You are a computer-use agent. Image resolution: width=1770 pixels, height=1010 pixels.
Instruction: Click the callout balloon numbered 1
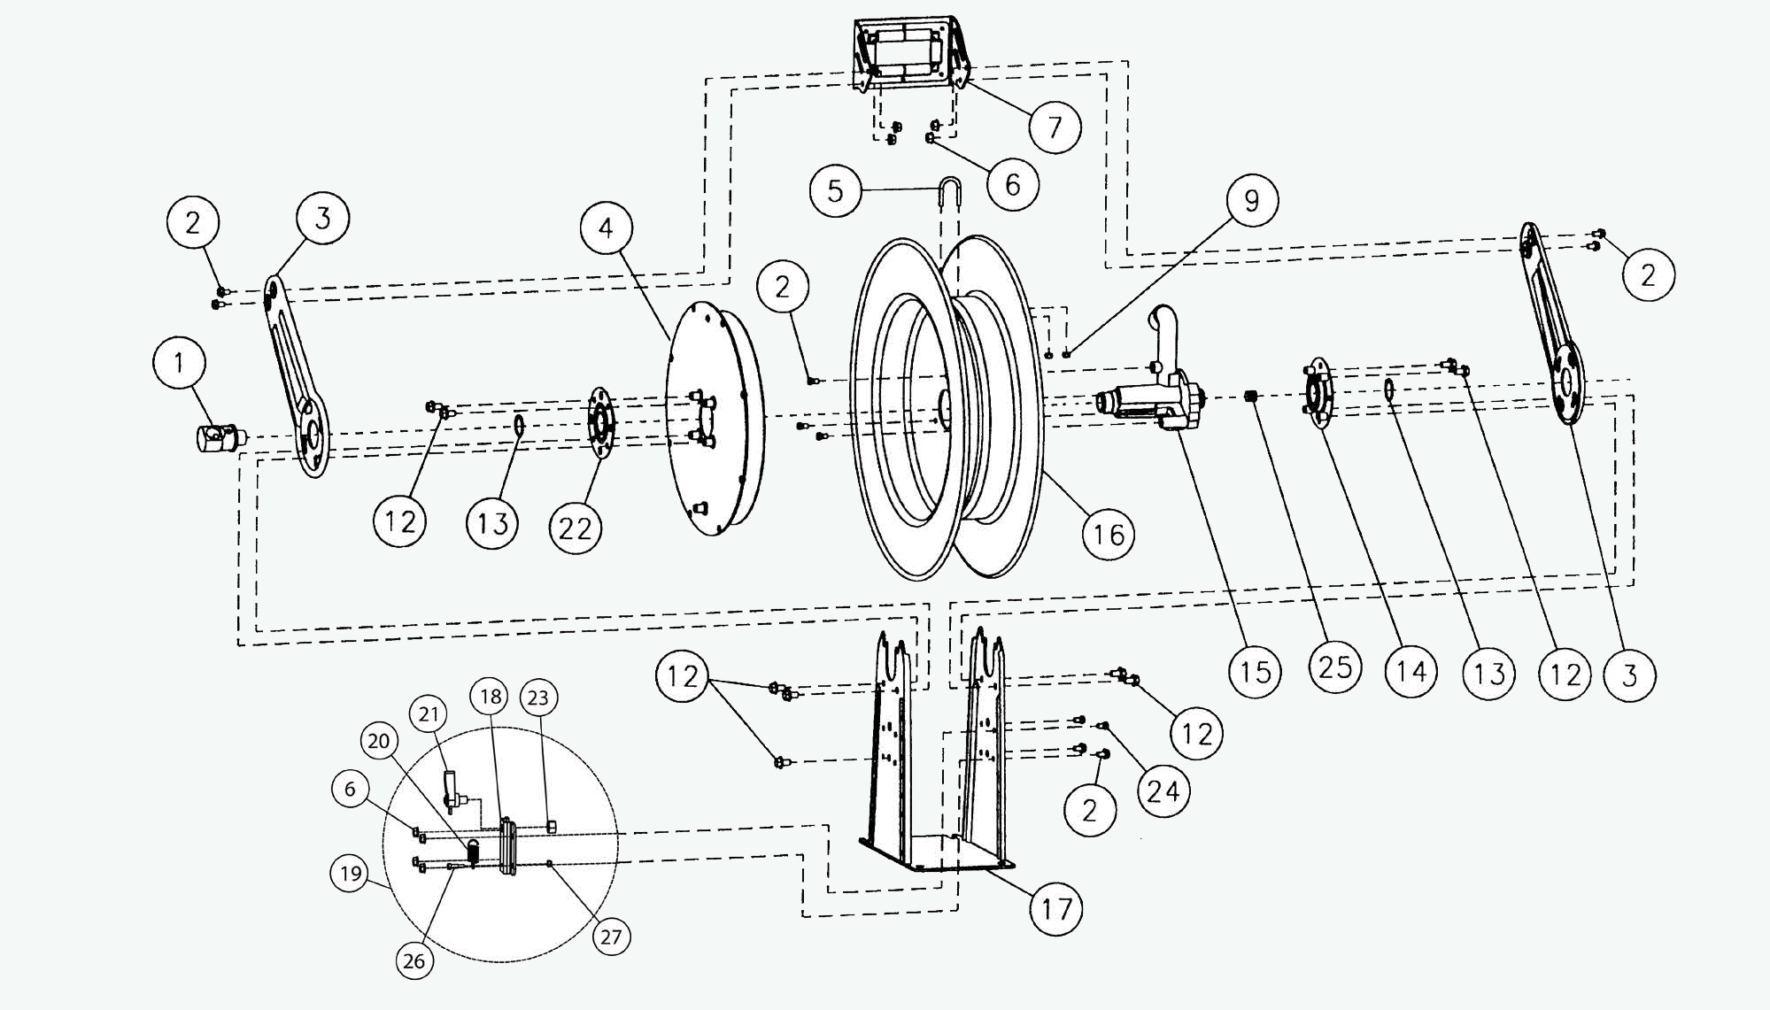tap(180, 363)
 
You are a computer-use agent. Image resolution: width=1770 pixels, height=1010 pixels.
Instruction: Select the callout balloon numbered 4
tap(607, 228)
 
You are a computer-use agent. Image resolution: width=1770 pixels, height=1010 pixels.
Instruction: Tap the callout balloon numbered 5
tap(836, 191)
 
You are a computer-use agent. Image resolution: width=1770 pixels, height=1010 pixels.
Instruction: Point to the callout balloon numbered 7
tap(1055, 127)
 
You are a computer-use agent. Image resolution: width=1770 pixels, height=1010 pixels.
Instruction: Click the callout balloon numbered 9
tap(1251, 201)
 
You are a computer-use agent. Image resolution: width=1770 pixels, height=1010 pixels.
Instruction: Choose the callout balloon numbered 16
tap(1109, 534)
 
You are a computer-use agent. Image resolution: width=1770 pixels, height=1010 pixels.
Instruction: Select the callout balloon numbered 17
tap(1057, 908)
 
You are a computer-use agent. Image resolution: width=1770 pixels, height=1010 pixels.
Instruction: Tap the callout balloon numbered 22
tap(576, 528)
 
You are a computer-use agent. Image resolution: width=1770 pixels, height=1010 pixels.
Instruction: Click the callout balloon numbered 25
tap(1335, 666)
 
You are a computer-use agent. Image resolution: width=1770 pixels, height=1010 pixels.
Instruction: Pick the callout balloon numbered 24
tap(1163, 790)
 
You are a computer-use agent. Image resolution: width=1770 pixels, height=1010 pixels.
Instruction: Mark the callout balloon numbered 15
tap(1256, 672)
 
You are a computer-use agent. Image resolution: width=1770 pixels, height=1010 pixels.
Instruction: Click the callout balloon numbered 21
tap(429, 713)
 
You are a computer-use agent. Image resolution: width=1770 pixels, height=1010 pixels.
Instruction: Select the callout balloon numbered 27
tap(611, 937)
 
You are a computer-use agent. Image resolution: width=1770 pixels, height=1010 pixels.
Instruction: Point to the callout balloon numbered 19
tap(351, 874)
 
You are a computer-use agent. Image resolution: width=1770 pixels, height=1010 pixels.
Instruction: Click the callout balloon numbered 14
tap(1411, 672)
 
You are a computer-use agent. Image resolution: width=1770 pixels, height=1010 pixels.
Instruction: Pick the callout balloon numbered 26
tap(414, 960)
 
